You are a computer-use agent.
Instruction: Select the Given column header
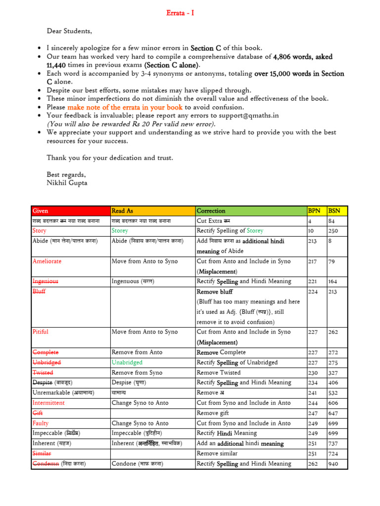pyautogui.click(x=40, y=211)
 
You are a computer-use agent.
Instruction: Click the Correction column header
pyautogui.click(x=211, y=211)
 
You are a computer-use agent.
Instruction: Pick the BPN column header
pyautogui.click(x=314, y=211)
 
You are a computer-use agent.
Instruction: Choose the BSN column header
pyautogui.click(x=334, y=211)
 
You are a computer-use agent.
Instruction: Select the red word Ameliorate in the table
pyautogui.click(x=47, y=261)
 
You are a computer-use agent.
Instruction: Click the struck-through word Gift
pyautogui.click(x=38, y=413)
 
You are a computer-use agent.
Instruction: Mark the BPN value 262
pyautogui.click(x=313, y=464)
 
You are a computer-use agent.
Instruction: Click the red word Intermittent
pyautogui.click(x=48, y=403)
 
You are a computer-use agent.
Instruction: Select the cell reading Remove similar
pyautogui.click(x=217, y=453)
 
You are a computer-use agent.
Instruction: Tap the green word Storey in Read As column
pyautogui.click(x=120, y=231)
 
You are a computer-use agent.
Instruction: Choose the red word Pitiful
pyautogui.click(x=41, y=332)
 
